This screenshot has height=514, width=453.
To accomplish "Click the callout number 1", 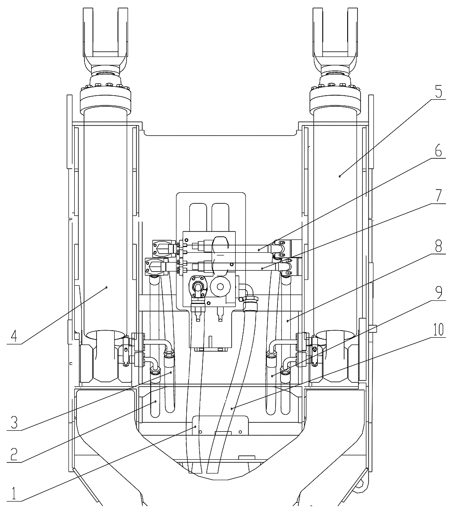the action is point(14,494).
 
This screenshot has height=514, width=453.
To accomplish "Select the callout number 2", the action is point(14,454).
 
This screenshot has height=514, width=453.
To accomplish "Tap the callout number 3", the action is point(14,422).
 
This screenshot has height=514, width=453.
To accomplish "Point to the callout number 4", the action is point(13,336).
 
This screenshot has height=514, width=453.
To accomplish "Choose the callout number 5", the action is point(439,92).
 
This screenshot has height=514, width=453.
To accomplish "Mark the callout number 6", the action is point(438,151).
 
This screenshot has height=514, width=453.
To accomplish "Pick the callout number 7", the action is point(439,196).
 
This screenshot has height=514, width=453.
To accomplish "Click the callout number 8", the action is point(439,246).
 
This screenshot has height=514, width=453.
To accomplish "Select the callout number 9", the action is point(439,292).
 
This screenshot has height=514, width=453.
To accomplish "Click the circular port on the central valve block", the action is point(220,287).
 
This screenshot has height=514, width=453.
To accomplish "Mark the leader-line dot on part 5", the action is point(340,176).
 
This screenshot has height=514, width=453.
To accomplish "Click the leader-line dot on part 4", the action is point(106,287).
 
